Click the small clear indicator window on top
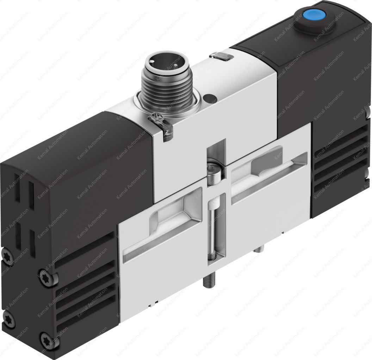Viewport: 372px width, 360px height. (220, 55)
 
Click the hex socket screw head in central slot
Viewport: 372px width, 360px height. (215, 172)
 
